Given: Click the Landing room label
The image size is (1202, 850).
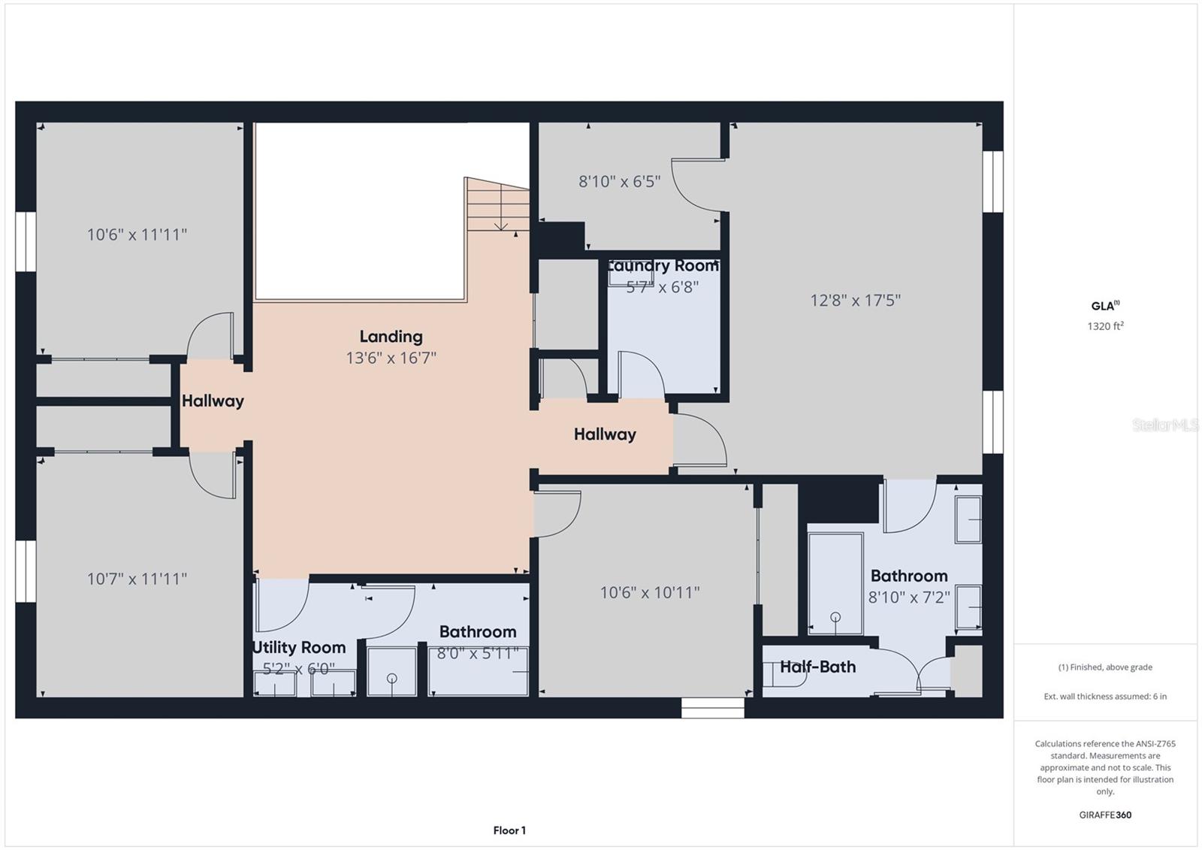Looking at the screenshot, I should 391,337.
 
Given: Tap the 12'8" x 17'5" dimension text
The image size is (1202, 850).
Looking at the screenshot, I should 855,301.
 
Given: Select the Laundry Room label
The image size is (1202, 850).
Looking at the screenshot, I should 663,266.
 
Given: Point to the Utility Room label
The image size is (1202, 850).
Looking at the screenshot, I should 299,647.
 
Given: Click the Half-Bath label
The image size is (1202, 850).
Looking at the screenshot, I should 817,667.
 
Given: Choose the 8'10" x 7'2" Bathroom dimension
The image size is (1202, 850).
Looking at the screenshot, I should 909,597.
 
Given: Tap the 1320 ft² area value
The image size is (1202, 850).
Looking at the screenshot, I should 1105,326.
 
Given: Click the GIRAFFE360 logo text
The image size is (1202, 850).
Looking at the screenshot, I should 1105,815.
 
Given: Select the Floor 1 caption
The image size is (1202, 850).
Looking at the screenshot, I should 509,830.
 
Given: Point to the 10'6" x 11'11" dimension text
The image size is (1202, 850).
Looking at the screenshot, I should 137,234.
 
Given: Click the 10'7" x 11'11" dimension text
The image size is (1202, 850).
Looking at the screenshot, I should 137,579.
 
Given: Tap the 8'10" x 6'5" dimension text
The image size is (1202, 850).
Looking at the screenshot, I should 619,181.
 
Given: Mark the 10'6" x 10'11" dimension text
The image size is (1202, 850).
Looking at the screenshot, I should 649,592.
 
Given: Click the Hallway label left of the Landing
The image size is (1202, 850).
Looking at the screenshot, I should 213,401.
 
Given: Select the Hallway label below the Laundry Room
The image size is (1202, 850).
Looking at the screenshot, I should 605,434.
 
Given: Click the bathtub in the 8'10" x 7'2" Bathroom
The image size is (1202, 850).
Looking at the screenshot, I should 835,582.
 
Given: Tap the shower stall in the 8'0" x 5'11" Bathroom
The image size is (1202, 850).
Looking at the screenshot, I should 391,671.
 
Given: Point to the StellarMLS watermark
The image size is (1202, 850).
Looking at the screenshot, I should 1165,425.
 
